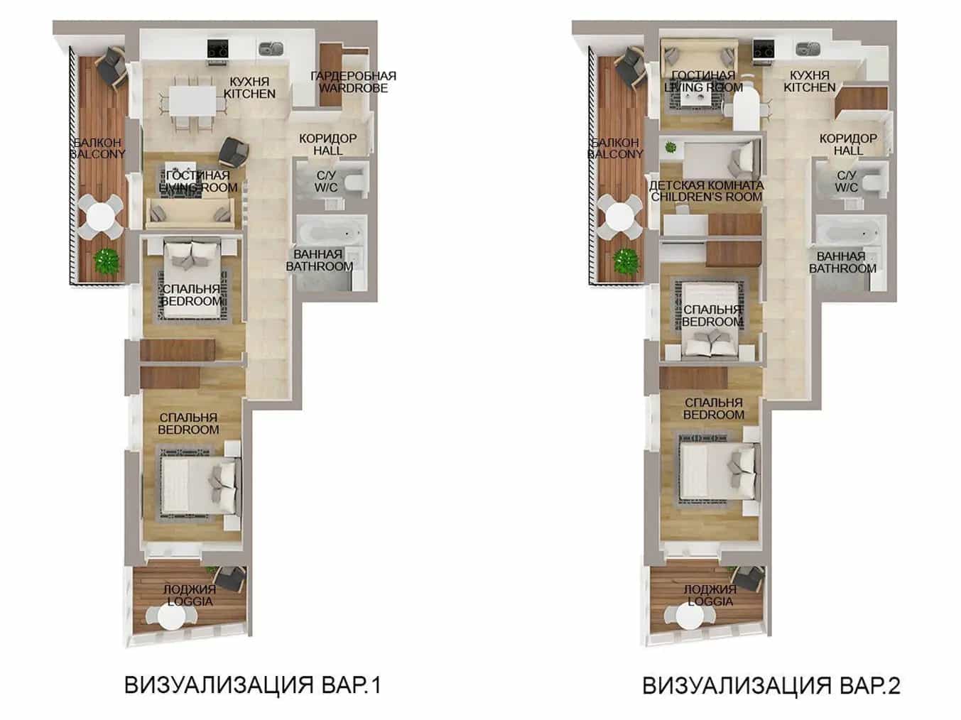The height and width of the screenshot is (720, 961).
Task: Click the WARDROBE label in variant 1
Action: [353, 88]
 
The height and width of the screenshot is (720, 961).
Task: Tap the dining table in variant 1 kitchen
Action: [193, 101]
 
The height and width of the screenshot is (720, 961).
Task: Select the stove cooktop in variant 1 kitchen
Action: [218, 48]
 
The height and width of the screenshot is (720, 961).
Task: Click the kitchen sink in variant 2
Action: [808, 48]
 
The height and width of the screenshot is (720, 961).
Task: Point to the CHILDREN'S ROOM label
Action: [707, 197]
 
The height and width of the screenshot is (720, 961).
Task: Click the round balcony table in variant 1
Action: [101, 217]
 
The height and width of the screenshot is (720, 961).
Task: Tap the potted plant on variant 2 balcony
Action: [626, 262]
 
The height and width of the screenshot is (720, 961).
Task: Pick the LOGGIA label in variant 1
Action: [190, 601]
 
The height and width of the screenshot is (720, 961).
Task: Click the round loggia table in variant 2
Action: [690, 617]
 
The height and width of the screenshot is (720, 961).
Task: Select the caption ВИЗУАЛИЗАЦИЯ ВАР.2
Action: [771, 685]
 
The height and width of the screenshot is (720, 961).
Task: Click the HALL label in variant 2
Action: [849, 151]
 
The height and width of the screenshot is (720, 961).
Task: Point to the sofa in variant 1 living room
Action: [190, 213]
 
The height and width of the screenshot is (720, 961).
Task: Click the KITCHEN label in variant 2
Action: [810, 87]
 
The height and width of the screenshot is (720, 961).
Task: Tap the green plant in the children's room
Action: [670, 148]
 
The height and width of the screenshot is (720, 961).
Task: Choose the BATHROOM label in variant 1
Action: [319, 266]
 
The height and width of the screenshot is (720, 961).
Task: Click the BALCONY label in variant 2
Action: [614, 154]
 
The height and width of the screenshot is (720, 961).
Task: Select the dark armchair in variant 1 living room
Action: [234, 151]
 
